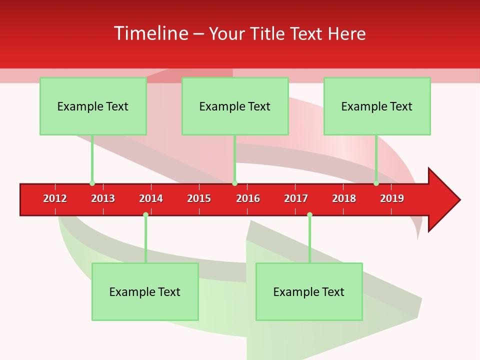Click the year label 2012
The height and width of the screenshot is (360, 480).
pyautogui.click(x=55, y=198)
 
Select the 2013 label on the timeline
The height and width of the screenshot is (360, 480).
pyautogui.click(x=103, y=198)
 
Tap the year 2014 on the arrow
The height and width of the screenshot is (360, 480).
pyautogui.click(x=151, y=198)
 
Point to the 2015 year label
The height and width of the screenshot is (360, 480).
pyautogui.click(x=199, y=198)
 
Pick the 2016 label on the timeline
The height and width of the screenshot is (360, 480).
pyautogui.click(x=248, y=198)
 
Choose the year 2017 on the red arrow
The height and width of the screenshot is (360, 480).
pyautogui.click(x=296, y=198)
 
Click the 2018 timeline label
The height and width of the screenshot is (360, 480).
pyautogui.click(x=344, y=198)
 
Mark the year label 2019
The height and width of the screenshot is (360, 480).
pyautogui.click(x=392, y=198)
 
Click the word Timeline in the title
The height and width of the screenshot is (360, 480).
pyautogui.click(x=150, y=33)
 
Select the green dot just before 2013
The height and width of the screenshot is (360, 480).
pyautogui.click(x=92, y=183)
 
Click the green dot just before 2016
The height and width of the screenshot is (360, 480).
pyautogui.click(x=234, y=183)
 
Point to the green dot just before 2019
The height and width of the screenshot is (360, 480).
pyautogui.click(x=376, y=183)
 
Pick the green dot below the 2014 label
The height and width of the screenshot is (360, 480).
pyautogui.click(x=145, y=215)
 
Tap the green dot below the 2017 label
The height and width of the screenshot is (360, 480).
pyautogui.click(x=309, y=215)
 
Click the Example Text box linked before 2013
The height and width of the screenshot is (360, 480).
pyautogui.click(x=93, y=106)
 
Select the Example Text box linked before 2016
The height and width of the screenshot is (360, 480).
pyautogui.click(x=235, y=106)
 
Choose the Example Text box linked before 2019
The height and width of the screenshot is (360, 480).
pyautogui.click(x=377, y=106)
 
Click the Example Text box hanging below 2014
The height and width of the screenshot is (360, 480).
pyautogui.click(x=145, y=291)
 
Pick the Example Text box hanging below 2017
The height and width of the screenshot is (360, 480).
pyautogui.click(x=309, y=291)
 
